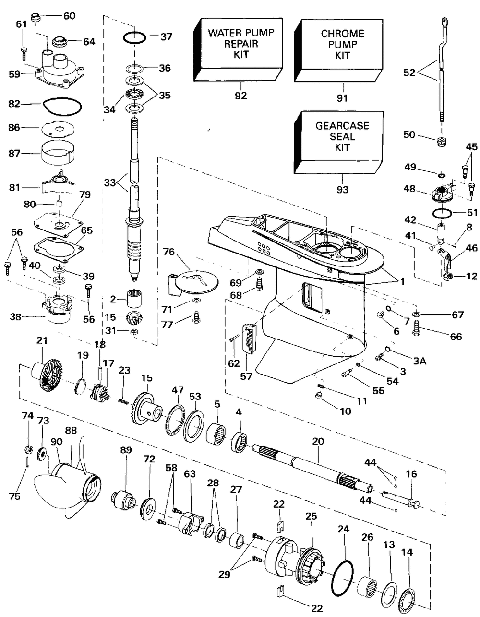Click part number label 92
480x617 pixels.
[240, 96]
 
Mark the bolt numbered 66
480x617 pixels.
[417, 331]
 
